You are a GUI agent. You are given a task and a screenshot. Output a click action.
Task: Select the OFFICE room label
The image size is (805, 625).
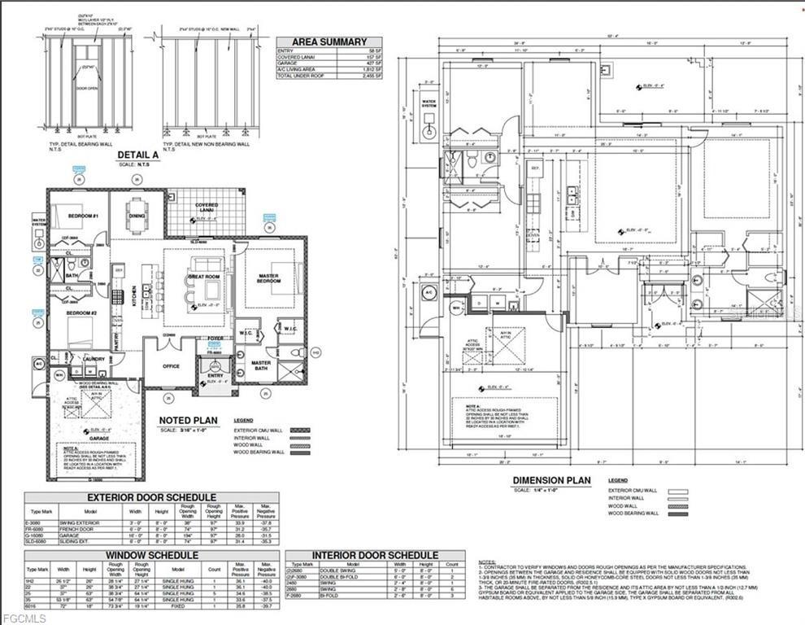click(171, 366)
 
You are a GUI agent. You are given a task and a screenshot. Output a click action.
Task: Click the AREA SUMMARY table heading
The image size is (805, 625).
click(329, 42)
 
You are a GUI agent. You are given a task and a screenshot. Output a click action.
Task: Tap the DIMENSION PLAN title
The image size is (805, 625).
click(553, 480)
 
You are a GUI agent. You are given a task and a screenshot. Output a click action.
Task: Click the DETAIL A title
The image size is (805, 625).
click(137, 154)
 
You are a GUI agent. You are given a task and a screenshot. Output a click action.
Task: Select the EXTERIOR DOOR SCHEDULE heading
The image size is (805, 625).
click(151, 496)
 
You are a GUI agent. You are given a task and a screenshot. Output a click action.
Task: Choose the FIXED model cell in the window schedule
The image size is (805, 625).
click(178, 606)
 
